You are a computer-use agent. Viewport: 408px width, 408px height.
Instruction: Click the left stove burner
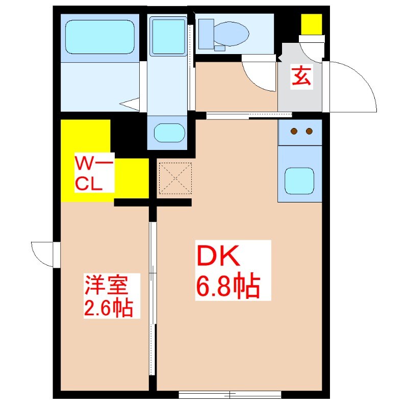tap(294, 132)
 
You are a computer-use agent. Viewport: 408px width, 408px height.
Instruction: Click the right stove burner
tap(309, 132)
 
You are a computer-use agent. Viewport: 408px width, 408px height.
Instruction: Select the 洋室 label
tap(106, 284)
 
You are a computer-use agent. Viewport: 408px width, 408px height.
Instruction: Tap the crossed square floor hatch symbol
tap(175, 178)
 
